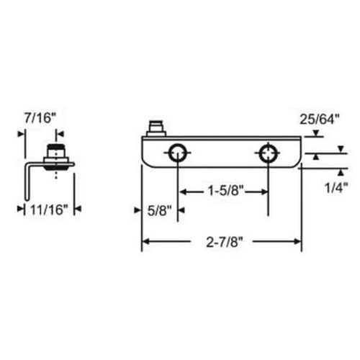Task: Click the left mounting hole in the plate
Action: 177,153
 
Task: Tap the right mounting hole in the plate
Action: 268,153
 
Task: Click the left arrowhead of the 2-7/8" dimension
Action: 145,243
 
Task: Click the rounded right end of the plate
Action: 296,153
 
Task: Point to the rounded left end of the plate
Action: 145,153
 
